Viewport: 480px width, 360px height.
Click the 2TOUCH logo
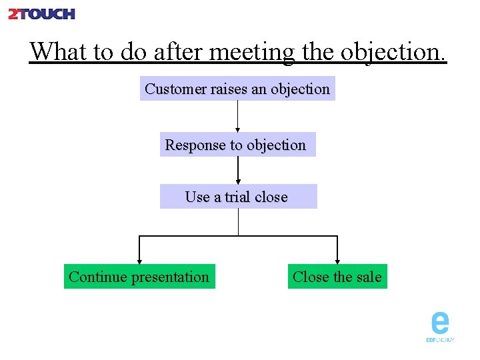(41, 13)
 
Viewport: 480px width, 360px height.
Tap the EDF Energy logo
(440, 327)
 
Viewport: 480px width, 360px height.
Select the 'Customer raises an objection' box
(237, 89)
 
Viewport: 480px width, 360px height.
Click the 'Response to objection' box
(237, 145)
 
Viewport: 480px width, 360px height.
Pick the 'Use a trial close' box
(238, 197)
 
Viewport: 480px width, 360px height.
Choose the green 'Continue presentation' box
(139, 277)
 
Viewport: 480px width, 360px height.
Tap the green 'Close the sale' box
(337, 277)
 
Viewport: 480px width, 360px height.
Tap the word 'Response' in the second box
(195, 145)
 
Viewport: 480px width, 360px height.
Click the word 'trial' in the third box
(238, 197)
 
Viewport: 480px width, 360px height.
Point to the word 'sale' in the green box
(369, 277)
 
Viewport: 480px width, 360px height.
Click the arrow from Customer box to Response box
(238, 117)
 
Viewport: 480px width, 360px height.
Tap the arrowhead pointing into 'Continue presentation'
(139, 261)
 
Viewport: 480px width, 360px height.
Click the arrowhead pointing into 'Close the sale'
(337, 261)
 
